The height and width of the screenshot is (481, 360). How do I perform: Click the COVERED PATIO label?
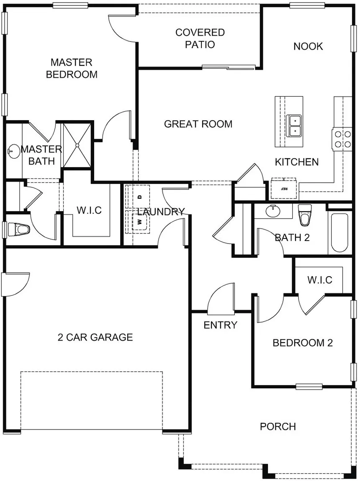[200, 39]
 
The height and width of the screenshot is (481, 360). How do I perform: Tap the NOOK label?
[308, 47]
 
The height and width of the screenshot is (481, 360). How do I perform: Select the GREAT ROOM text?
[198, 124]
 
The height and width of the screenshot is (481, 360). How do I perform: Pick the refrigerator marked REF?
[284, 188]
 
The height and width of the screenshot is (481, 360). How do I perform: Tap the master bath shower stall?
[77, 145]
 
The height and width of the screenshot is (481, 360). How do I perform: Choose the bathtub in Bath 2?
[339, 233]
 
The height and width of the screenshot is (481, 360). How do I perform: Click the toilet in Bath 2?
[305, 215]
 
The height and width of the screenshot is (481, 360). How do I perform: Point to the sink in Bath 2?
[273, 211]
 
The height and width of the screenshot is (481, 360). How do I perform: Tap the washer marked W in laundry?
[140, 221]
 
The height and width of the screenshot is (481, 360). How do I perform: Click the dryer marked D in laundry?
[140, 197]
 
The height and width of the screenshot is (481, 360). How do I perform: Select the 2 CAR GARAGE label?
[95, 337]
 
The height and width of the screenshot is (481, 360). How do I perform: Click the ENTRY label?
[220, 325]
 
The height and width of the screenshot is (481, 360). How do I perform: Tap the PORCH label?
[278, 427]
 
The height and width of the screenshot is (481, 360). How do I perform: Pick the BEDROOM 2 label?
[303, 343]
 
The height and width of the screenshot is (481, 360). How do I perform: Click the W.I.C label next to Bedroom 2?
[320, 280]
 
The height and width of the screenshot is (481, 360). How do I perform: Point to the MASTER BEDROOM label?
[72, 68]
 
